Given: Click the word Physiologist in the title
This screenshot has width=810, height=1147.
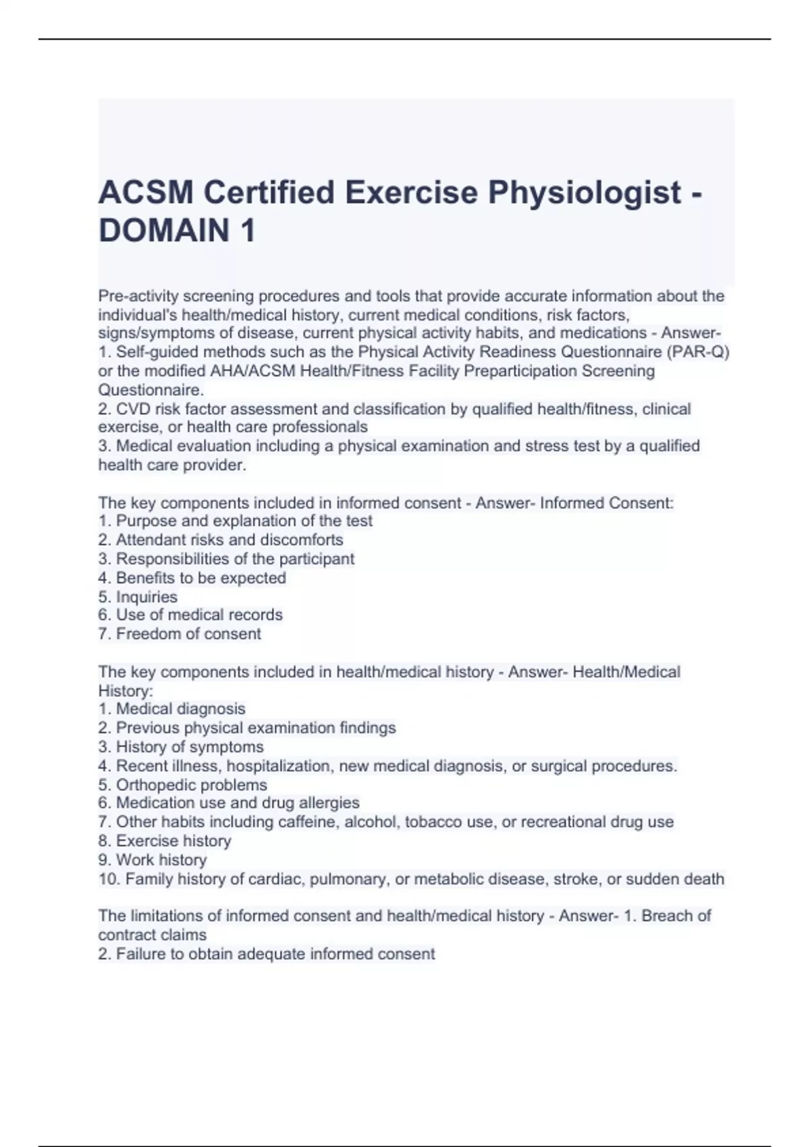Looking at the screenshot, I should (584, 193).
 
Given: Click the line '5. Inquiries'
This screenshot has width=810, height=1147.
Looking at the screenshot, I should (138, 597).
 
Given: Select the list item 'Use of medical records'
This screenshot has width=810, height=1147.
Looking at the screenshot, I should (198, 615).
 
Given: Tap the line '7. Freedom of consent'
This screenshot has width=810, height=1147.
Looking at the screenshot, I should (180, 634).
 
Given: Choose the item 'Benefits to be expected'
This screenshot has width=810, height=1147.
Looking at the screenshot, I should (200, 578).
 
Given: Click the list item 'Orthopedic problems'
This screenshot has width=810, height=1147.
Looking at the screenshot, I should (191, 785).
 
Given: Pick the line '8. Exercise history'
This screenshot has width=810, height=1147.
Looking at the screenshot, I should (165, 841).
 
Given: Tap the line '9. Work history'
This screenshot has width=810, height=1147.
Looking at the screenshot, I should (153, 860).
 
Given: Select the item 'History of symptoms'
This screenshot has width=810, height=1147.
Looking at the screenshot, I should (189, 748).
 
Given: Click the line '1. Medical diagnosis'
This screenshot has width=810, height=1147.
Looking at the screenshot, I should (172, 709).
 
